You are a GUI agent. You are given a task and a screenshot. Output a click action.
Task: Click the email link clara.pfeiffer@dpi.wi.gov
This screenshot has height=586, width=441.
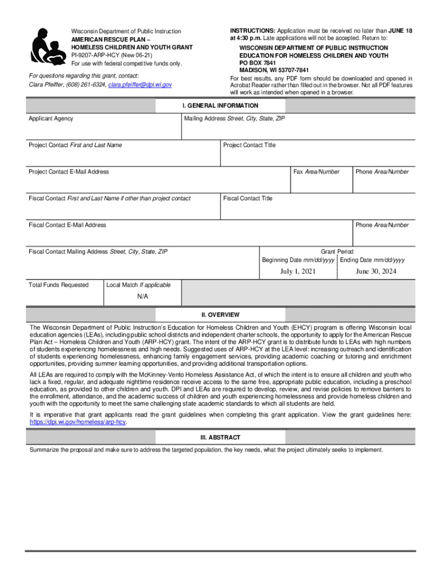coord(140,85)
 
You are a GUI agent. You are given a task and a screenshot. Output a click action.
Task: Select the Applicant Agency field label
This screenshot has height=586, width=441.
coord(51,118)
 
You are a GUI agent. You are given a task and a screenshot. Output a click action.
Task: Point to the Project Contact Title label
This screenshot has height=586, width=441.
coord(249,145)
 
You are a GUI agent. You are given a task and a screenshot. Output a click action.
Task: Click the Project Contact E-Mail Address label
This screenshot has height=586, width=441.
coord(69,172)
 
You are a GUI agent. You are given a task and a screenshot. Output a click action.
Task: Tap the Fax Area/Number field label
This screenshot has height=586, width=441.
coord(316,172)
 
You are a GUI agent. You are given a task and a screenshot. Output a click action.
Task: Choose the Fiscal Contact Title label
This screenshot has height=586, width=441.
coord(248,199)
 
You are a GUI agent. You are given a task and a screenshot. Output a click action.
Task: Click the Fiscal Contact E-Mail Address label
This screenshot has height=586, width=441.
coord(68,225)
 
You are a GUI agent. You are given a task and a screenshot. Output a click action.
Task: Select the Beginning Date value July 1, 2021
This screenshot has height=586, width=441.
coord(298,271)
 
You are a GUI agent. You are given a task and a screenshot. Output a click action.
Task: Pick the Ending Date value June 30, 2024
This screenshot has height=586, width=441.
coord(376,271)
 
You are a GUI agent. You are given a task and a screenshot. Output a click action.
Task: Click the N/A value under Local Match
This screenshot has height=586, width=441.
coord(143,296)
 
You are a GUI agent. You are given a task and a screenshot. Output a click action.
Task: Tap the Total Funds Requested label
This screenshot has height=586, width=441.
coord(59,285)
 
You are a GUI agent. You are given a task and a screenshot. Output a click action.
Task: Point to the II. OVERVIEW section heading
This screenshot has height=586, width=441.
coord(220,315)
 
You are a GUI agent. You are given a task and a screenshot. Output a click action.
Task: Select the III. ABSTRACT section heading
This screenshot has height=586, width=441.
coord(220,437)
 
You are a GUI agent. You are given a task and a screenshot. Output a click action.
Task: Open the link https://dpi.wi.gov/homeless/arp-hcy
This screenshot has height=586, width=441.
coord(77,422)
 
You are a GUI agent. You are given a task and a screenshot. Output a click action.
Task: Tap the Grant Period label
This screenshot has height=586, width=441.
coord(337,252)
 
